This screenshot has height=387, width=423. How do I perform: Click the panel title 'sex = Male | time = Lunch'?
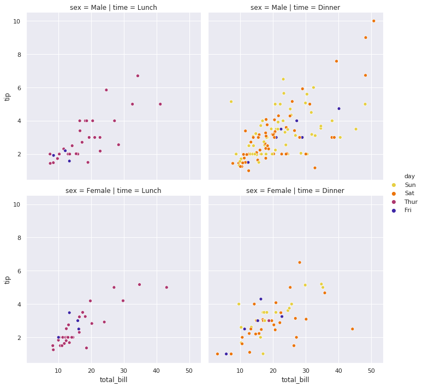tap(114, 8)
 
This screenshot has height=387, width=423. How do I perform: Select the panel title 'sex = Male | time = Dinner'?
tap(295, 8)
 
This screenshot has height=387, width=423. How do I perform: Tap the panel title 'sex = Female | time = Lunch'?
tap(114, 191)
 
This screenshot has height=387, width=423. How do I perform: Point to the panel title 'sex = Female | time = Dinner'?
tap(295, 191)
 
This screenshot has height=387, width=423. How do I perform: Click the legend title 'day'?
tap(409, 176)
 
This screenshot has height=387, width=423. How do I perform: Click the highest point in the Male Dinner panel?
tap(374, 21)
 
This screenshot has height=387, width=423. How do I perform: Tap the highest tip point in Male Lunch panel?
tap(138, 76)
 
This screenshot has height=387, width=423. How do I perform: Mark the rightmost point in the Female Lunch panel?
tap(166, 287)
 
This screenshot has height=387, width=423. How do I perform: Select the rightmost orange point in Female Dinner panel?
tap(353, 329)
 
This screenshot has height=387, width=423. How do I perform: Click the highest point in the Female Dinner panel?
tap(300, 262)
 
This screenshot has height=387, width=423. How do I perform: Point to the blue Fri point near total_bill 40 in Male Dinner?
tap(339, 109)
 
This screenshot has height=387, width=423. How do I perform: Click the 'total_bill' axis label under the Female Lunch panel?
tap(114, 379)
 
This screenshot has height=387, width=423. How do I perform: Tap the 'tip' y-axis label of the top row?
tap(8, 96)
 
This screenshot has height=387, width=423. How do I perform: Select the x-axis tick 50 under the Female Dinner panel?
tap(371, 370)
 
